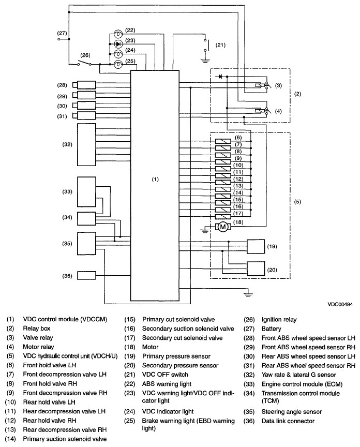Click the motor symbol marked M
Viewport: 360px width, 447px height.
[x=223, y=227]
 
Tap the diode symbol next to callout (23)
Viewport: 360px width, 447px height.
[x=118, y=44]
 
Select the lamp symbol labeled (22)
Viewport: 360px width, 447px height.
[x=118, y=34]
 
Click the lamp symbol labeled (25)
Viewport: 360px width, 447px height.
[x=118, y=65]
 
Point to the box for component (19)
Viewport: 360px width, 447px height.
[x=256, y=246]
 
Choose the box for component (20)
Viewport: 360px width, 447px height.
[x=256, y=269]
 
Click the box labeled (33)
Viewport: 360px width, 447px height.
[x=86, y=191]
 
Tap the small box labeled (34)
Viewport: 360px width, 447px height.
[x=86, y=219]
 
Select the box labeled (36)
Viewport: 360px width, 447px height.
[x=86, y=275]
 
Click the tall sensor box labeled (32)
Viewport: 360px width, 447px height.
[x=86, y=144]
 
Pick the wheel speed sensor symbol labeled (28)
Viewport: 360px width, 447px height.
[x=84, y=85]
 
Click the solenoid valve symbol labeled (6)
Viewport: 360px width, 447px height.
[x=223, y=141]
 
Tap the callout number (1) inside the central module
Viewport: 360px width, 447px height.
[x=155, y=180]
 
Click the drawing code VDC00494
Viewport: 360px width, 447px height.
[x=340, y=304]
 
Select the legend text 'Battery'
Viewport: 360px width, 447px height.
[x=272, y=329]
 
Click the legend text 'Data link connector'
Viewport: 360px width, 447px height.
[x=288, y=421]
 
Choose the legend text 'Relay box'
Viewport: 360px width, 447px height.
[x=37, y=329]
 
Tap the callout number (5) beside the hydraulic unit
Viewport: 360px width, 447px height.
[x=297, y=202]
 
